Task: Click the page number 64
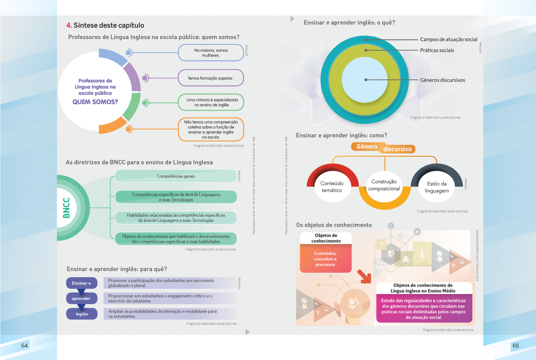coord(25,346)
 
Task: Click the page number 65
coord(516,346)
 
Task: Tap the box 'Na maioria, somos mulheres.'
coord(211,53)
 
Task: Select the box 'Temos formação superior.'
coord(210,78)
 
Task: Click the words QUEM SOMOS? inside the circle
coord(95,102)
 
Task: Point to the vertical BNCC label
coord(66,208)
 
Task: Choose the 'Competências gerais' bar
coord(176,176)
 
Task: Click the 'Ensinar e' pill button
coord(81,283)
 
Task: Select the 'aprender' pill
coord(81,299)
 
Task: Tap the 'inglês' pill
coord(81,314)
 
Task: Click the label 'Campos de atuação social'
coord(449,39)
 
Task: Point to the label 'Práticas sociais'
coord(437,50)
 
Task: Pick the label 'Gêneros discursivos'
coord(442,80)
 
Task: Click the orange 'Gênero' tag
coord(367,147)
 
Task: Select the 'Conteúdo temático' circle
coord(331,187)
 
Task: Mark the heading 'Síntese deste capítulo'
coord(109,25)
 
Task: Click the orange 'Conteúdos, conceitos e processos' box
coord(325,259)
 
